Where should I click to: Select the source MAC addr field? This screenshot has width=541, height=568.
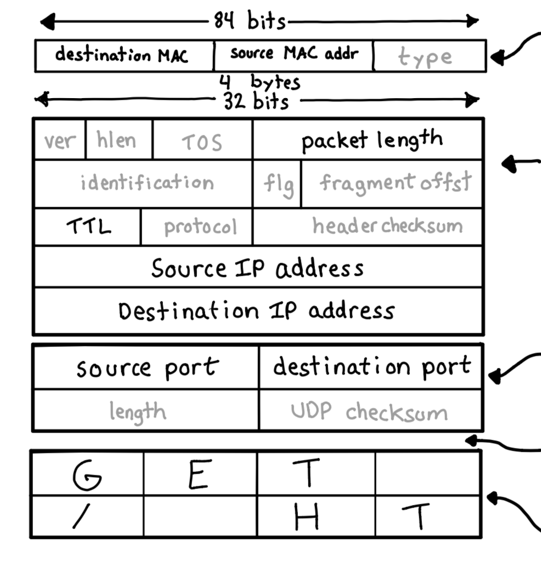pyautogui.click(x=294, y=54)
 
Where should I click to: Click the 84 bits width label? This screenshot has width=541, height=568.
pyautogui.click(x=250, y=21)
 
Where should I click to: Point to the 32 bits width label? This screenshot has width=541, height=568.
pyautogui.click(x=256, y=101)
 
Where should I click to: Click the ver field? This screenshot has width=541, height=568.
pyautogui.click(x=60, y=140)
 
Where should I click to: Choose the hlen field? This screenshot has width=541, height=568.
pyautogui.click(x=118, y=140)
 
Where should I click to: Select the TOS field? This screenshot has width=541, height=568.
pyautogui.click(x=202, y=141)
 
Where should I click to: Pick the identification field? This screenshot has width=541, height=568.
pyautogui.click(x=146, y=183)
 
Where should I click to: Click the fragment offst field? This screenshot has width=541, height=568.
pyautogui.click(x=393, y=183)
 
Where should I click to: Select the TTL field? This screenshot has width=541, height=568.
pyautogui.click(x=88, y=226)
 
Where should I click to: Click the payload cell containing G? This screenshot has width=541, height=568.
pyautogui.click(x=87, y=474)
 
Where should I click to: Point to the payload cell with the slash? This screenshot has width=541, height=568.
pyautogui.click(x=87, y=516)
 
